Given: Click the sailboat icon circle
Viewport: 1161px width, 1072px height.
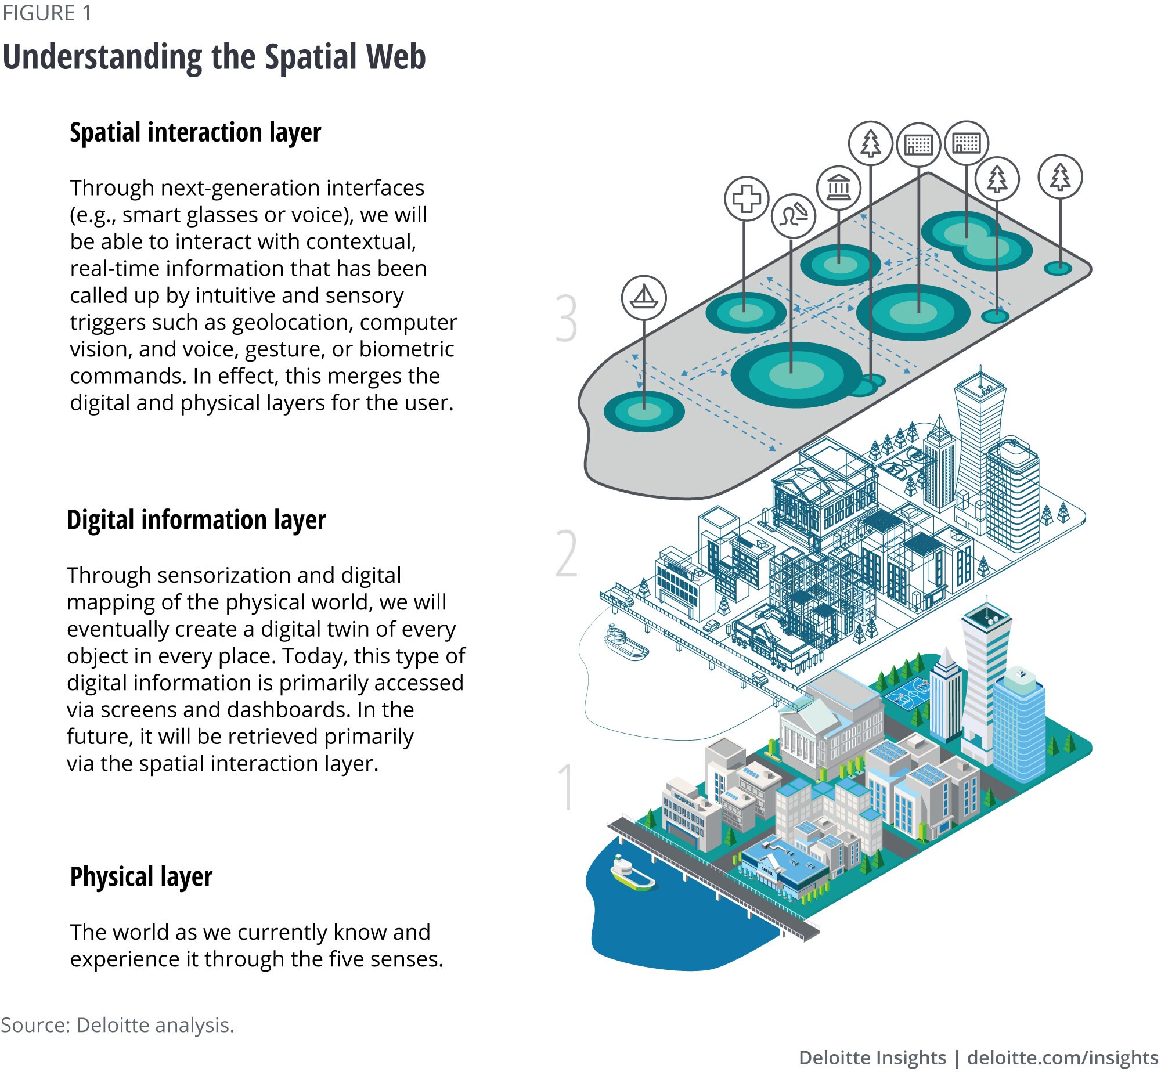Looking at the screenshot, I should pos(643,297).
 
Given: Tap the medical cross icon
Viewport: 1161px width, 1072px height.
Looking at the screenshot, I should pos(747,198).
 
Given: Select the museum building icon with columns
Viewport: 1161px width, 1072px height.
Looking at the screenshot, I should pos(838,187).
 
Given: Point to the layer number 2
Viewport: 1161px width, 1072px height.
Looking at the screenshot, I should pos(567,554).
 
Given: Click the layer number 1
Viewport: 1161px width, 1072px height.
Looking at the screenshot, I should pos(566,788).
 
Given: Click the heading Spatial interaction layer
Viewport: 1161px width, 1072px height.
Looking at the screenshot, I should pos(195,133).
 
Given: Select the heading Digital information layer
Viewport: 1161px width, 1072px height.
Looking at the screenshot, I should pos(196,520).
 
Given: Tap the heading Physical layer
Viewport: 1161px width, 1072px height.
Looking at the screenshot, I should pos(141,876).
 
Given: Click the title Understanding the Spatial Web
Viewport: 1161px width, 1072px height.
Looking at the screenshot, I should pos(214,57).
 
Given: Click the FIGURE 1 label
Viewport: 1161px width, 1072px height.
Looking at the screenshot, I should pos(47,13).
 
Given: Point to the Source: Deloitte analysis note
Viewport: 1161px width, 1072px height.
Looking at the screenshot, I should pos(117,1025).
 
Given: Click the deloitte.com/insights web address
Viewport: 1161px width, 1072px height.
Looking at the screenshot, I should pos(1062,1057).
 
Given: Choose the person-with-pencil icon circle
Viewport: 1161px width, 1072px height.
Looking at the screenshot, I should pos(793,216).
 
